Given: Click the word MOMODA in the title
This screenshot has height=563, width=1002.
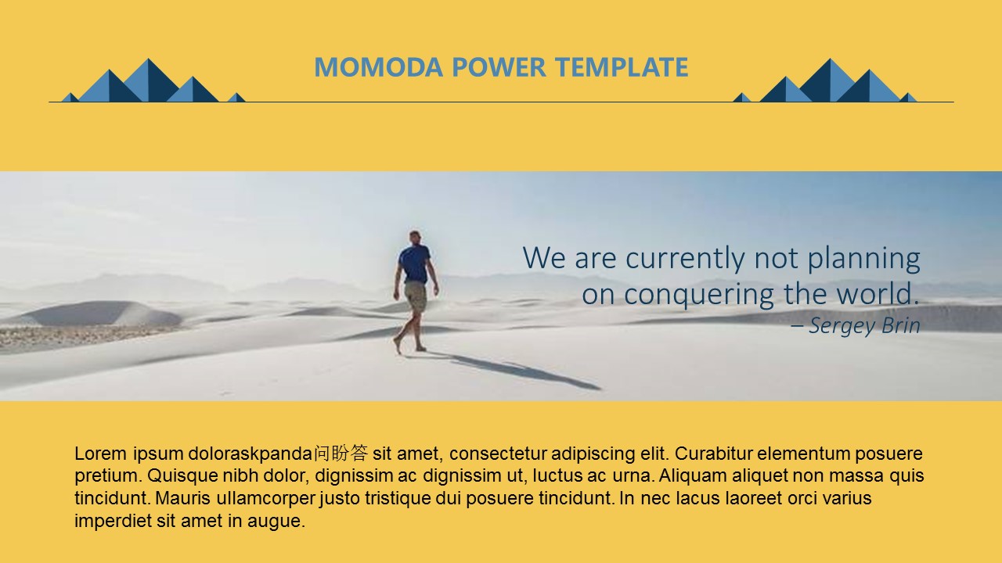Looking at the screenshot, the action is click(378, 67).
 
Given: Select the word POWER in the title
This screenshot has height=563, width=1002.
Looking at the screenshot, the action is click(499, 67).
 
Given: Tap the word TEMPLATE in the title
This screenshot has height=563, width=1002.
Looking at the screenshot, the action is click(622, 67).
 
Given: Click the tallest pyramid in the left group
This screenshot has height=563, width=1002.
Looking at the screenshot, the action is click(150, 83).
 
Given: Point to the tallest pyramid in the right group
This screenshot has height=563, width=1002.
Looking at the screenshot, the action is click(831, 83).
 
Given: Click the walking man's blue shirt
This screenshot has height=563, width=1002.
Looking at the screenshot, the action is click(415, 264).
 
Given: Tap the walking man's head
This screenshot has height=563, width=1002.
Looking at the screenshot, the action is click(415, 237).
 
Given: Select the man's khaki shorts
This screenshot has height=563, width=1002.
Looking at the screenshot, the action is click(416, 296).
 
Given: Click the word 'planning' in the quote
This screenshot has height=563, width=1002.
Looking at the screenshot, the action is click(863, 259).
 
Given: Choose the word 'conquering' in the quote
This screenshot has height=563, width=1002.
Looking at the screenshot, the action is click(699, 295).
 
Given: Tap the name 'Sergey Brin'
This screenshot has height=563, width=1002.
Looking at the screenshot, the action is click(864, 326).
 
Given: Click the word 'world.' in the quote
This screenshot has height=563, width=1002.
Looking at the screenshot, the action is click(878, 293).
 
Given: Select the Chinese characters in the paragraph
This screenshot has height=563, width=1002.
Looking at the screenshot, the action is click(341, 453).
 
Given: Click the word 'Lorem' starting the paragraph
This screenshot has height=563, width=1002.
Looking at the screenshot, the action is click(101, 454).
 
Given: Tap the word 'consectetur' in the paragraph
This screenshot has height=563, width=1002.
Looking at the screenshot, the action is click(497, 454).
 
